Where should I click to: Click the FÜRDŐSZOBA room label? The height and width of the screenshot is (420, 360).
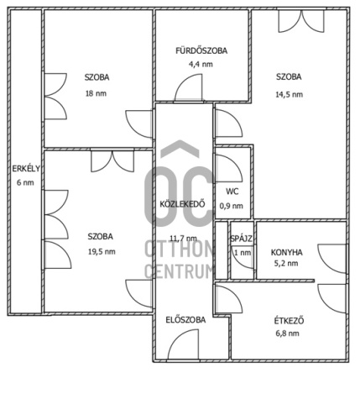click(201, 50)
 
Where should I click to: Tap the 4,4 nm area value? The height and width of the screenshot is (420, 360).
click(201, 64)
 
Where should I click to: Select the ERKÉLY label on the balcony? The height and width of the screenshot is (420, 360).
click(26, 169)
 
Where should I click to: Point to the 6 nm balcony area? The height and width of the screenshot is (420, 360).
click(25, 182)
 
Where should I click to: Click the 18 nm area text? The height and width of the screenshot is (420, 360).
click(96, 93)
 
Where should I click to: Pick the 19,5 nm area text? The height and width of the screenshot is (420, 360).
click(102, 251)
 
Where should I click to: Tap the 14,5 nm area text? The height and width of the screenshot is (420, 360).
click(290, 94)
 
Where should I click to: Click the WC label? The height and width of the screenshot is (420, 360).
click(232, 192)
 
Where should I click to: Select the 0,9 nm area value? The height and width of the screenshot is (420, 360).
click(231, 206)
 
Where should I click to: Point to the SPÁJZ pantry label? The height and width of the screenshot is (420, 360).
click(242, 239)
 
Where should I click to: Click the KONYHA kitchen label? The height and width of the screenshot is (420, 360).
click(287, 252)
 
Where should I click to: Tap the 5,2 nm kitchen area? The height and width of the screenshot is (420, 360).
click(286, 263)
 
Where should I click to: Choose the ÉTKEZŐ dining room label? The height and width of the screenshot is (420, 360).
click(289, 320)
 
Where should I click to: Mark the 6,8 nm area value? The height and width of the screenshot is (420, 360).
click(287, 333)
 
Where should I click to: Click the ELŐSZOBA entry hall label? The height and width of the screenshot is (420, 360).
click(185, 320)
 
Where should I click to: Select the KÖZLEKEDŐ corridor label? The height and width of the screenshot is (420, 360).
click(182, 204)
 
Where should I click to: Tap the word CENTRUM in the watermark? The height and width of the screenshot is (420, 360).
click(179, 270)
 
